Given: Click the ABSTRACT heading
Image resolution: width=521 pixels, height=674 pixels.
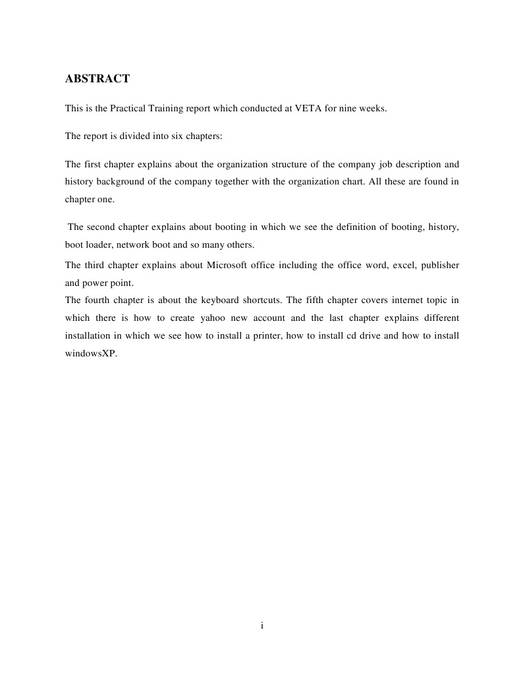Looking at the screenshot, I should [97, 79].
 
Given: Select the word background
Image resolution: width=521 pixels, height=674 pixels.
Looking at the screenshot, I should [125, 181].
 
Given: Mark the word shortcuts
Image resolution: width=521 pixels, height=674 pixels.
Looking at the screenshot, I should [253, 300].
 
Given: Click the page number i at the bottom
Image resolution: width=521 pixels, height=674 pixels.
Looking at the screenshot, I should [261, 626].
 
